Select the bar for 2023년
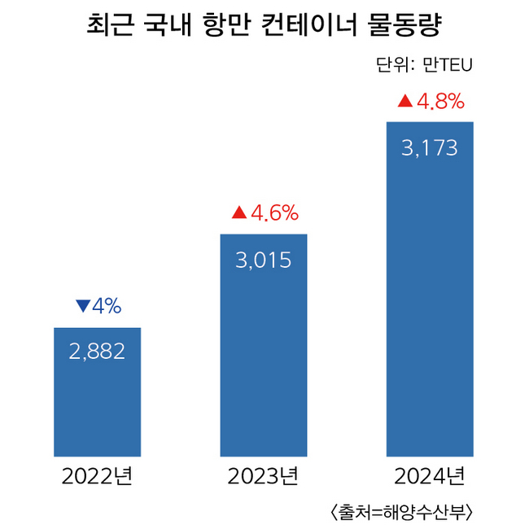pos(264,358)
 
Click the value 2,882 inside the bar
pos(97,352)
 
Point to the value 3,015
pos(264,260)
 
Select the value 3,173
pos(430,149)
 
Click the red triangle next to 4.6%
pos(238,213)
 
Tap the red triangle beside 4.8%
pos(404,102)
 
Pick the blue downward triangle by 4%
pos(81,306)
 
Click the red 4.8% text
pos(440,102)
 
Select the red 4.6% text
pos(274,213)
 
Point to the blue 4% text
pos(106,306)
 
